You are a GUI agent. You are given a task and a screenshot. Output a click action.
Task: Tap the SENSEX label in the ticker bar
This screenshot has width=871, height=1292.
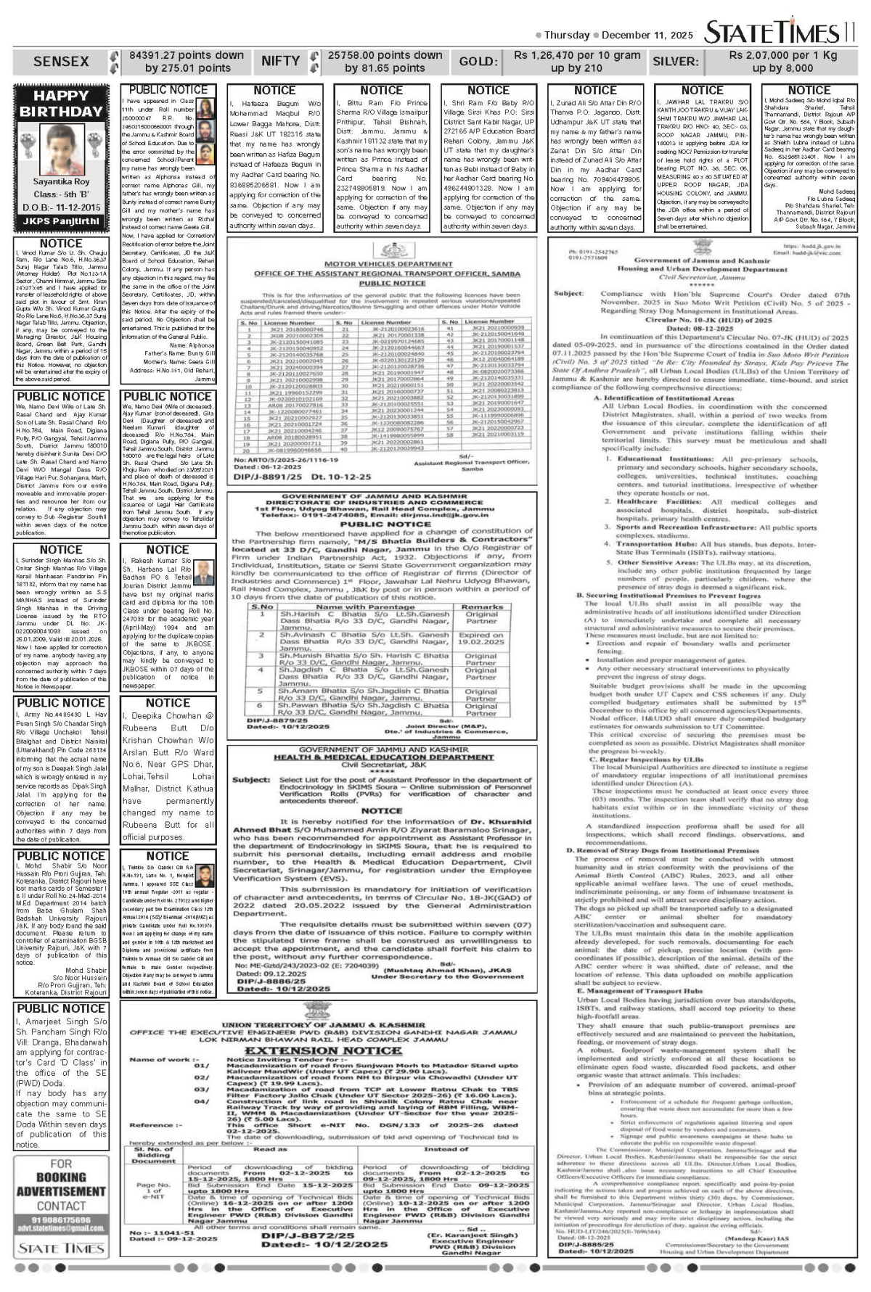point(61,62)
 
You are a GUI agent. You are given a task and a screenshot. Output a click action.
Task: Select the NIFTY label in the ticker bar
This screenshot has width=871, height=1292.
point(280,62)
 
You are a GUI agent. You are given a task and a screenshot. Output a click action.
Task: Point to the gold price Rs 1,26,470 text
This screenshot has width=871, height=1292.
point(577,55)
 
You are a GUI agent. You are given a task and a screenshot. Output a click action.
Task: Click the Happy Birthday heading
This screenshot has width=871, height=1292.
point(61,103)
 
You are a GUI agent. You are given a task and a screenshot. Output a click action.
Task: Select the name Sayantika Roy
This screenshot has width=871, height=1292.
point(61,182)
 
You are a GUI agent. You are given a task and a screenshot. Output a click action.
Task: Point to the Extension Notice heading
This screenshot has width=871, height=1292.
point(312,1050)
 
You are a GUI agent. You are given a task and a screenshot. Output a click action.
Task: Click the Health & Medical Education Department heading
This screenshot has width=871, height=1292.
point(383,757)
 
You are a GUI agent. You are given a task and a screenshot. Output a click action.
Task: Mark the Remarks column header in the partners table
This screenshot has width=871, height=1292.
point(482,606)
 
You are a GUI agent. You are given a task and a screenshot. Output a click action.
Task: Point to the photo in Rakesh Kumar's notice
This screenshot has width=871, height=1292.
point(204,573)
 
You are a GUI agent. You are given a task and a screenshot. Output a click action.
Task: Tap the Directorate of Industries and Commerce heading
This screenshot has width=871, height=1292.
point(383,502)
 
